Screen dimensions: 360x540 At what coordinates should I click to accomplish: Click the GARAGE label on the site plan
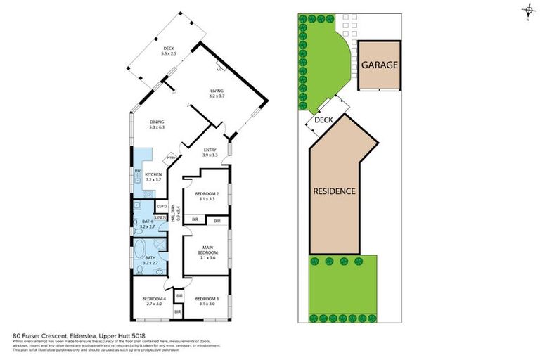pyautogui.click(x=380, y=65)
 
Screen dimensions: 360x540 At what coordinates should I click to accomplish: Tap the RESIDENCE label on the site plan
pyautogui.click(x=334, y=191)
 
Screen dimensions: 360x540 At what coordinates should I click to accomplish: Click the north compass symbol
pyautogui.click(x=527, y=10)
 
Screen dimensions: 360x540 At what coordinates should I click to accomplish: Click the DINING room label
pyautogui.click(x=157, y=122)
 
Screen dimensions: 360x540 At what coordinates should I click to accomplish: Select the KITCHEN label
pyautogui.click(x=153, y=174)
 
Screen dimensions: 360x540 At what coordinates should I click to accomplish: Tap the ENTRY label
pyautogui.click(x=210, y=150)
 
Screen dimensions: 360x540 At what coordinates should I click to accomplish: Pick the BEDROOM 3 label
pyautogui.click(x=207, y=299)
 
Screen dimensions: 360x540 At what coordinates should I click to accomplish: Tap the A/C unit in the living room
pyautogui.click(x=219, y=69)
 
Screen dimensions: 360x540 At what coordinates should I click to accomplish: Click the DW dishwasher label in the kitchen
pyautogui.click(x=137, y=170)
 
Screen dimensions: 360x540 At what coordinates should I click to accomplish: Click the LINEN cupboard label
pyautogui.click(x=160, y=217)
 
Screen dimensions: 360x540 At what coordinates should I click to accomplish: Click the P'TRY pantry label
pyautogui.click(x=169, y=158)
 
